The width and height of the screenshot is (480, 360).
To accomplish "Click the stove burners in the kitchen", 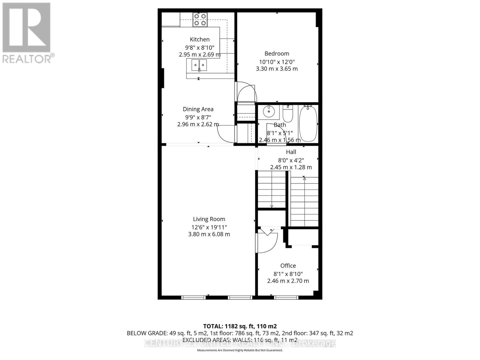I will click(200, 19).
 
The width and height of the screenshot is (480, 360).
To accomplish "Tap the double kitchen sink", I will click(199, 65).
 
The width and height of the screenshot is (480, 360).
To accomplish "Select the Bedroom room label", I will click(277, 54).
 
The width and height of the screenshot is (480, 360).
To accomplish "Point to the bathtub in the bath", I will click(308, 124).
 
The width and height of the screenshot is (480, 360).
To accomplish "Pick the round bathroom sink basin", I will click(268, 112).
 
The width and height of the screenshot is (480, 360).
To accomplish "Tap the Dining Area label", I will click(198, 109).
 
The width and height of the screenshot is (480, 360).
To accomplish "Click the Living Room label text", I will click(209, 219).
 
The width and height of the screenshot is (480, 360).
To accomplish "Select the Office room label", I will click(288, 266).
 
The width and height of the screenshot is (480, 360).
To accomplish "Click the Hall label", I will click(291, 152).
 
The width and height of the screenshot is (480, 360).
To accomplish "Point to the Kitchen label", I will click(199, 39).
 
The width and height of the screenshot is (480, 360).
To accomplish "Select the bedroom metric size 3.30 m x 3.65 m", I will click(277, 69).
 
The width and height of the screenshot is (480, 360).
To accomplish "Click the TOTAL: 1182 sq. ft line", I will click(240, 326).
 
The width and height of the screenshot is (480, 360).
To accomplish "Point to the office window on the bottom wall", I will click(286, 297).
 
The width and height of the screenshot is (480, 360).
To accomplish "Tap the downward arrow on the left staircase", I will click(271, 206).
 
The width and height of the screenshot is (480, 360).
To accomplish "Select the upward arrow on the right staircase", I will click(304, 178).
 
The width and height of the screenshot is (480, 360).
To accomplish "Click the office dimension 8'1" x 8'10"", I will click(288, 274).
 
